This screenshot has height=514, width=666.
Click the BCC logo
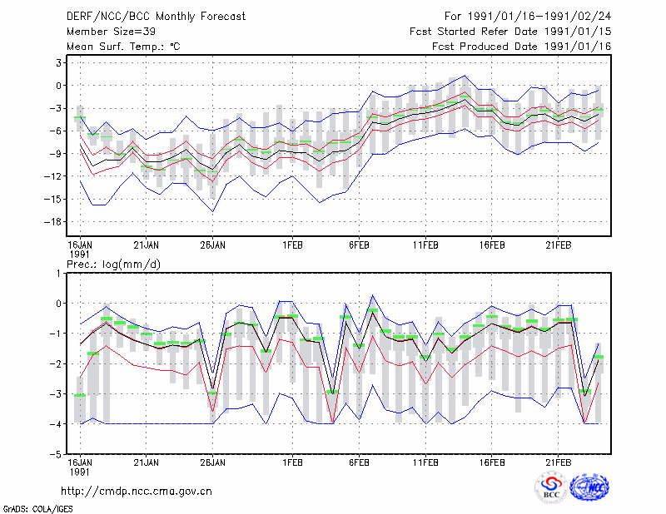551,487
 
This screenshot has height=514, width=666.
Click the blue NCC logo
589,487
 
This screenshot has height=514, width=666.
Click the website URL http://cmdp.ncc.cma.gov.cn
137,492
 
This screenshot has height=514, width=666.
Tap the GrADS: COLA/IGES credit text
37,508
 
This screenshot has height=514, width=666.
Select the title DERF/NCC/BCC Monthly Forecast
156,17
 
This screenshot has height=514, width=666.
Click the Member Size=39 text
111,32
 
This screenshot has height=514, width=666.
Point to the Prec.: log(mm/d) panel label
113,264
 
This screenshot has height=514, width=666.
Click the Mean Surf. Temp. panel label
123,47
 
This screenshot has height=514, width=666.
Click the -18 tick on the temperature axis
53,221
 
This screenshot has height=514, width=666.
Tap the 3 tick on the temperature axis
58,63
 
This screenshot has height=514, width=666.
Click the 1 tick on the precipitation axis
58,274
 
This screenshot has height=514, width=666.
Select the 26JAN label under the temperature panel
213,245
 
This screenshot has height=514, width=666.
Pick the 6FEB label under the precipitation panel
359,462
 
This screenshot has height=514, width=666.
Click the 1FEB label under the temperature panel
292,245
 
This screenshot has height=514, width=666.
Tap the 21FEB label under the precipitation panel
558,462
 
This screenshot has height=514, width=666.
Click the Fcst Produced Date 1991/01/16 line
522,47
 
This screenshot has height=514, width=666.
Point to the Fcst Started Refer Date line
510,32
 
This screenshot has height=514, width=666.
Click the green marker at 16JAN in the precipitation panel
80,396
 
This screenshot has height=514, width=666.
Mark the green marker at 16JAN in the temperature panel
80,117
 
